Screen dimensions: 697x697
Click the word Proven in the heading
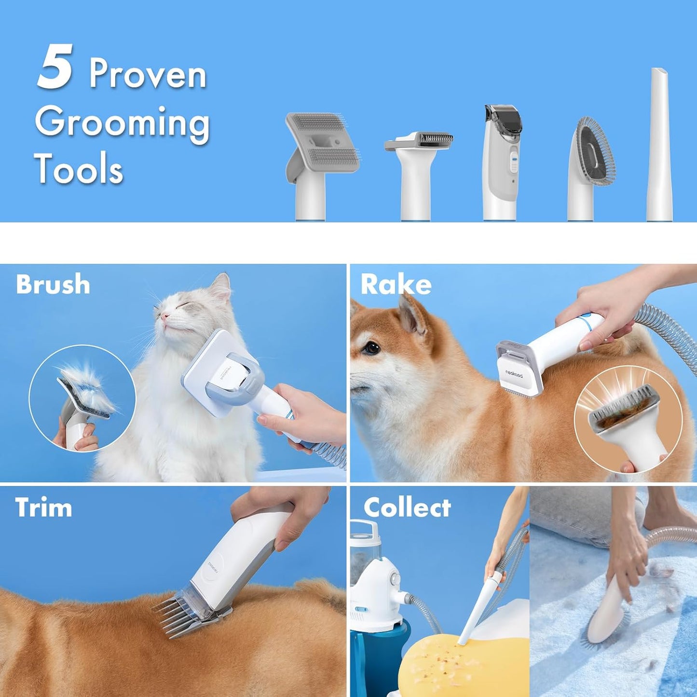[x=148, y=74]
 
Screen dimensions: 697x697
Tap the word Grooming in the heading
[x=122, y=123]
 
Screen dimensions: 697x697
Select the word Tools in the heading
[x=79, y=169]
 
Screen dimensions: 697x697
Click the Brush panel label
[x=53, y=284]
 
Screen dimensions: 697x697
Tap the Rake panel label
[x=396, y=284]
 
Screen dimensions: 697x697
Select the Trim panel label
[x=43, y=507]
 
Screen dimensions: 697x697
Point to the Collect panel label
[x=407, y=507]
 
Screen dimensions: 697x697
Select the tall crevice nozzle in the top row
[x=660, y=145]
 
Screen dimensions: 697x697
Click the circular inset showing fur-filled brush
[x=82, y=398]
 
